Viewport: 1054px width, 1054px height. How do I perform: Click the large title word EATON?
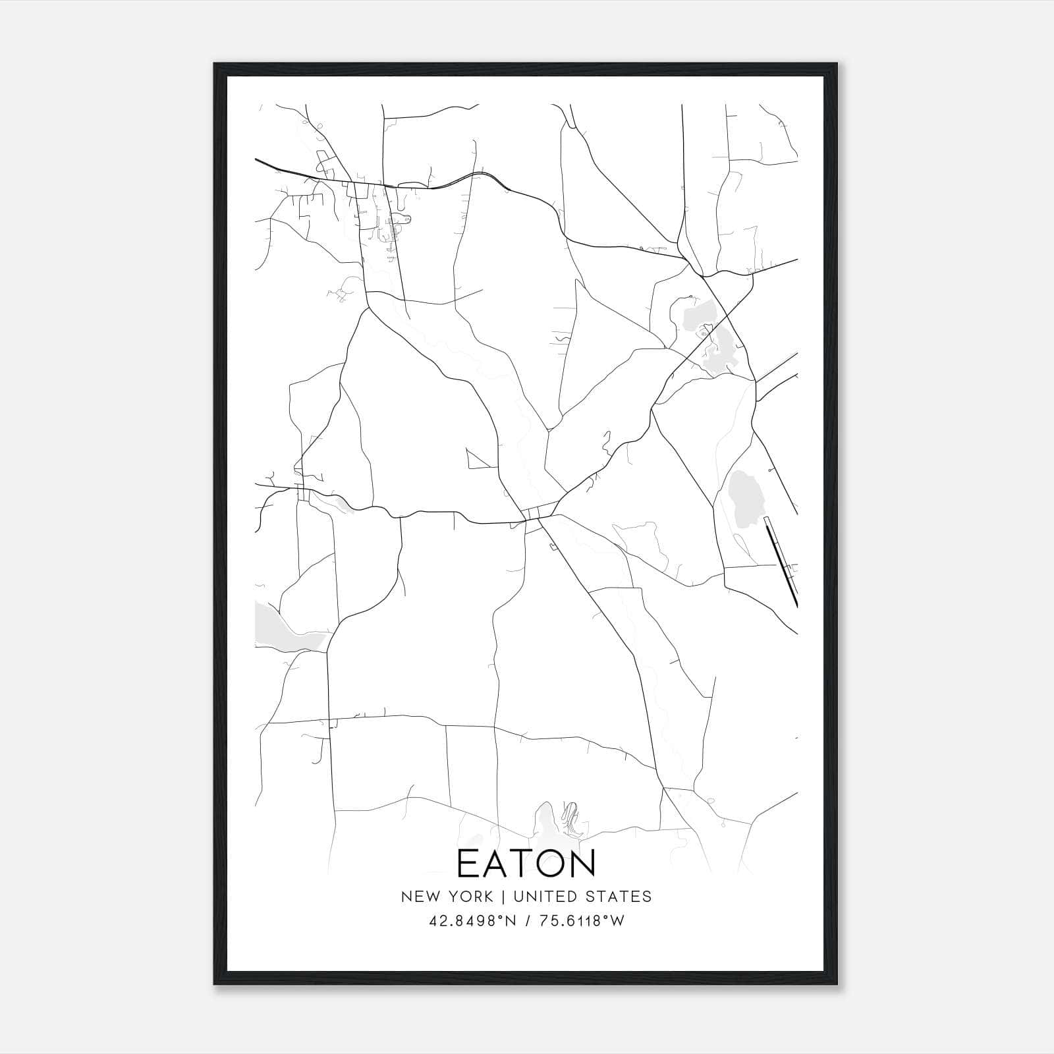526,864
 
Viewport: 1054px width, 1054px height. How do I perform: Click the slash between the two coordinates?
526,921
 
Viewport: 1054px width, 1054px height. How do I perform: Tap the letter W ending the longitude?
617,921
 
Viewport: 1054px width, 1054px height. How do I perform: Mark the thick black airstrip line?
781,562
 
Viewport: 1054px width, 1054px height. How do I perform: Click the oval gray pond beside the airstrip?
745,497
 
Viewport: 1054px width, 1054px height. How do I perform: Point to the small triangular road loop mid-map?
479,459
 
